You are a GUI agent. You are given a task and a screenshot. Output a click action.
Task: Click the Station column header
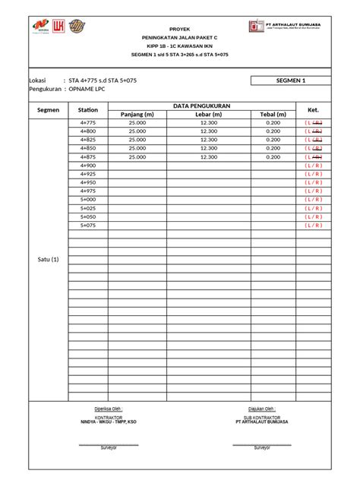point(88,110)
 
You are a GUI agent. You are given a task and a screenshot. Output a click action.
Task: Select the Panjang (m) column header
point(137,115)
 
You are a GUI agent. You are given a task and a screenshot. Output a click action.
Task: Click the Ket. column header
point(313,110)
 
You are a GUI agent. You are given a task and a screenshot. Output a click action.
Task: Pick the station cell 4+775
point(88,123)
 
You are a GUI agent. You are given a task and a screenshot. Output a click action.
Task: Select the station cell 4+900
point(88,166)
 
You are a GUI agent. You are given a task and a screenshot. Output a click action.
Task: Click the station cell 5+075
point(88,226)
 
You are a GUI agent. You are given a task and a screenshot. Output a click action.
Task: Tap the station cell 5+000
point(88,200)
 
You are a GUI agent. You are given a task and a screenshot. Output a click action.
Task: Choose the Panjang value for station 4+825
point(137,140)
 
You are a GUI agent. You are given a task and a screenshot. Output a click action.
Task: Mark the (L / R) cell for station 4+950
point(313,183)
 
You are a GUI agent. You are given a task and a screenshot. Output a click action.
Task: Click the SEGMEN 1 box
point(292,80)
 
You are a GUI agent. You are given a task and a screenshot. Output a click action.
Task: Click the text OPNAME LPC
point(87,89)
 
